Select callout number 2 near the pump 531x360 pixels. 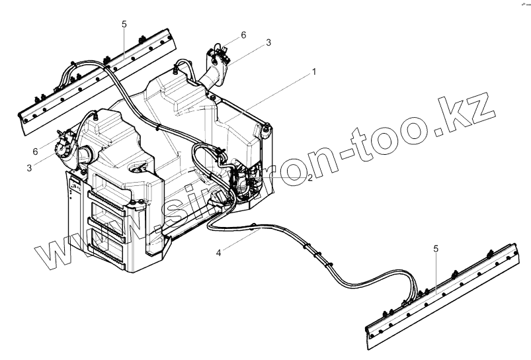[x=309, y=179]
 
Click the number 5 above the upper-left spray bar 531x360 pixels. [x=124, y=24]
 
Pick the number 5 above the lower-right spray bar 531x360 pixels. [x=436, y=248]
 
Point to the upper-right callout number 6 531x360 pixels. [x=243, y=34]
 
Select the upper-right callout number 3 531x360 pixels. [x=268, y=42]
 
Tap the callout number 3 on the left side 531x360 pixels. [x=29, y=168]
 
